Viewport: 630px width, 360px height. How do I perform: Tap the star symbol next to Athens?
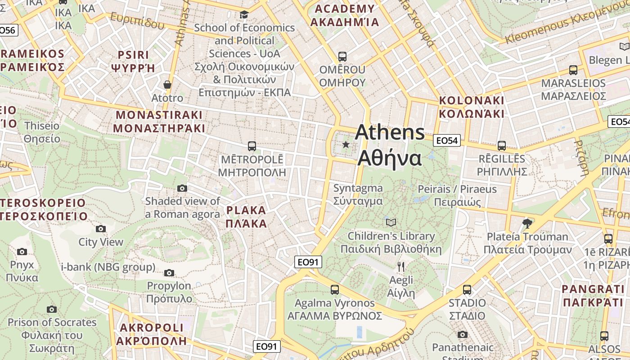point(346,144)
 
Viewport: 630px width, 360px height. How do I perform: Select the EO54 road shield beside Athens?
point(447,141)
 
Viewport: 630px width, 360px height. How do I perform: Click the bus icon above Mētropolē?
point(252,146)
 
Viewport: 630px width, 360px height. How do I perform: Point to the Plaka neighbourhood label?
point(246,216)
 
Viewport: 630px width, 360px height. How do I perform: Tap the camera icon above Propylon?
point(169,273)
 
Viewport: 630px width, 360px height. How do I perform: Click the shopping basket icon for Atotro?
point(167,85)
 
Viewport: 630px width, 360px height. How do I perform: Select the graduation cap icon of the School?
point(244,15)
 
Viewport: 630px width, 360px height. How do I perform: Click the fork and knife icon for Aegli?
point(401,267)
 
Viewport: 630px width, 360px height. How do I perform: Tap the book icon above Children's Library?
point(391,222)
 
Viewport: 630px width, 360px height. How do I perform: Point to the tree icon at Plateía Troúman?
point(527,223)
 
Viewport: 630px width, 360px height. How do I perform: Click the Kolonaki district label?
point(472,107)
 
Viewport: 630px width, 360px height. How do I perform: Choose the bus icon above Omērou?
point(342,57)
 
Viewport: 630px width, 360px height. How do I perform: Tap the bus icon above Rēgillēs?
point(502,146)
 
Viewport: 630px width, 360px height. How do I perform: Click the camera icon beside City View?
point(101,229)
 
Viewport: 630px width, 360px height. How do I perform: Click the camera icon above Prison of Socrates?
point(52,309)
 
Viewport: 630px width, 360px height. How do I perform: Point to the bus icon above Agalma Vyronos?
point(335,289)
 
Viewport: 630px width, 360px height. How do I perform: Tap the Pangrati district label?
point(593,295)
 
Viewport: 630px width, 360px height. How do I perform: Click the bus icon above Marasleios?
point(573,70)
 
